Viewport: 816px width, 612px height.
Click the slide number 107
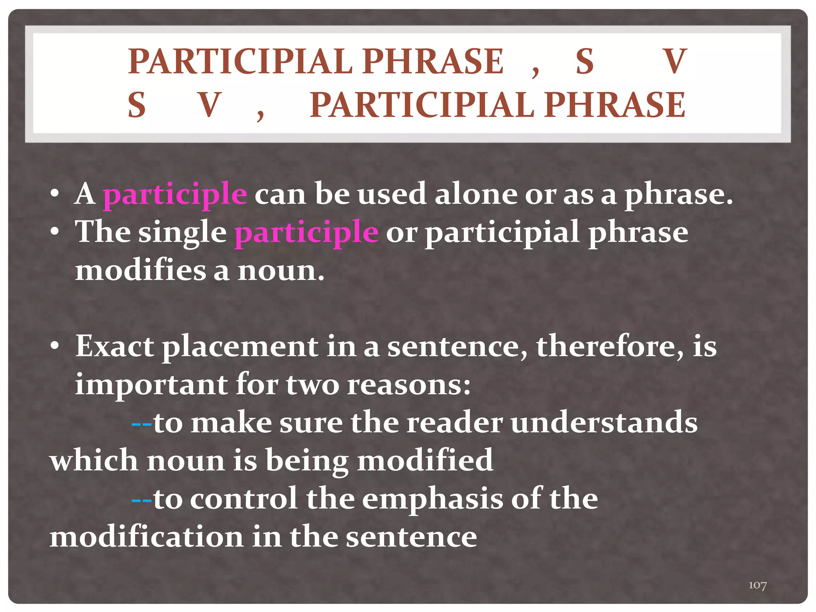[x=757, y=585]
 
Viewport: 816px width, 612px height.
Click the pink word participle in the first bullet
[x=175, y=194]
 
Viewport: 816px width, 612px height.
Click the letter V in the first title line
[x=674, y=61]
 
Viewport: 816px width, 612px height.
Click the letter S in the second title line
[x=137, y=105]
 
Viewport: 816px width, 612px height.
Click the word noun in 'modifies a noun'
[x=281, y=271]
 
